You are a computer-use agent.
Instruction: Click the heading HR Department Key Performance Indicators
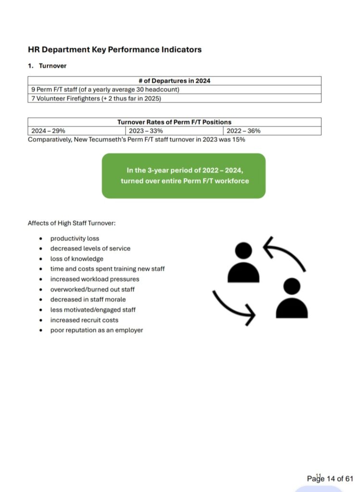pyautogui.click(x=114, y=49)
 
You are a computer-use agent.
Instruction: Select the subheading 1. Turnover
pyautogui.click(x=47, y=66)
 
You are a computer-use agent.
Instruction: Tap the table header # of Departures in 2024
pyautogui.click(x=174, y=81)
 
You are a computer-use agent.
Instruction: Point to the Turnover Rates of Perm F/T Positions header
pyautogui.click(x=174, y=122)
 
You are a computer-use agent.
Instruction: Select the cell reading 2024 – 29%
pyautogui.click(x=49, y=131)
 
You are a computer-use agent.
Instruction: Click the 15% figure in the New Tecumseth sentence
pyautogui.click(x=239, y=139)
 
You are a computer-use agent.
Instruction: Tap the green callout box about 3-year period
pyautogui.click(x=184, y=175)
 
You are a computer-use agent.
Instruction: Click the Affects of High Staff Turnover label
pyautogui.click(x=71, y=223)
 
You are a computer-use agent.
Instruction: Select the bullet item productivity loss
pyautogui.click(x=74, y=238)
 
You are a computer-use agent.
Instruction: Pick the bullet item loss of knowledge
pyautogui.click(x=76, y=259)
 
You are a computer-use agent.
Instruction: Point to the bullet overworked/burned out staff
pyautogui.click(x=92, y=289)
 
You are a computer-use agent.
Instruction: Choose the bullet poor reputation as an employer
pyautogui.click(x=97, y=330)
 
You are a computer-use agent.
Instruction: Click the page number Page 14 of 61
pyautogui.click(x=330, y=479)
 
